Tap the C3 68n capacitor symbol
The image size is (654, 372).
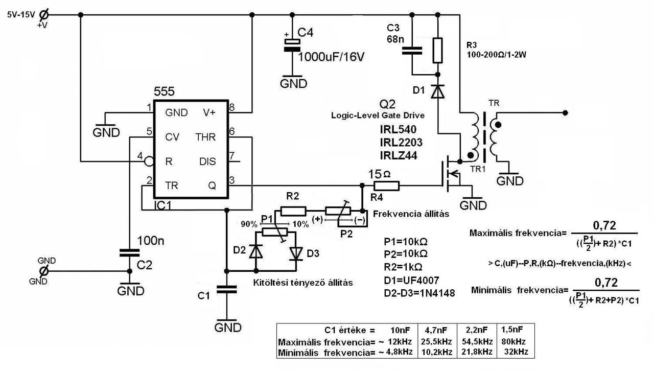pos(412,50)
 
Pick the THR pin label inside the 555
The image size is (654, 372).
pos(205,137)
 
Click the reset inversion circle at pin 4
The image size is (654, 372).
pos(149,161)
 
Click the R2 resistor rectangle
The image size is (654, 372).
pos(293,211)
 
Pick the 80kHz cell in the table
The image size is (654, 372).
pos(515,341)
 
